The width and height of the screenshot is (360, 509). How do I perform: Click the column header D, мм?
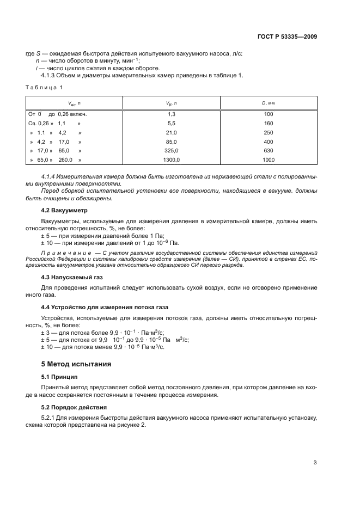pos(268,102)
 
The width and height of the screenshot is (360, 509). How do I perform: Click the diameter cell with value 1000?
pos(268,160)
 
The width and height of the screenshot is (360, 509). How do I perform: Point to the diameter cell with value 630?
pos(268,151)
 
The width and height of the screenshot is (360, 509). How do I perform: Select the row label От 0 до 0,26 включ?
pos(57,114)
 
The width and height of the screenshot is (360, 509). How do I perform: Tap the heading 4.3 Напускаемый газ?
pos(72,277)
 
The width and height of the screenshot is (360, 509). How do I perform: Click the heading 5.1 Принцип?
pos(59,376)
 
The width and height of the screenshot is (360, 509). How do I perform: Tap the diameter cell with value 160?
pos(268,124)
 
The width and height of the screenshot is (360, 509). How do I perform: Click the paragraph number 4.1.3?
pos(49,76)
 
